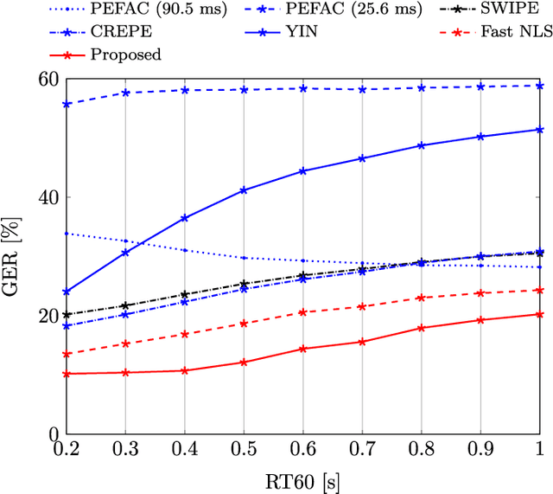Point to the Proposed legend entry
(x=125, y=54)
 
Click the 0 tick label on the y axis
(x=52, y=434)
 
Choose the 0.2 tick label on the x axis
(x=67, y=452)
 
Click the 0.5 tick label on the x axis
(x=244, y=452)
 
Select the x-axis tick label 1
(x=540, y=452)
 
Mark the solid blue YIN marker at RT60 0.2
(x=67, y=292)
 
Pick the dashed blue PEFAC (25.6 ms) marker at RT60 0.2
(x=67, y=104)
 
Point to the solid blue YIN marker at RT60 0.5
(x=244, y=189)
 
